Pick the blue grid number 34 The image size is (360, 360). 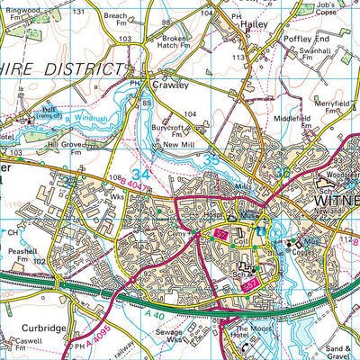[141, 172]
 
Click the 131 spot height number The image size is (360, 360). [79, 11]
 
